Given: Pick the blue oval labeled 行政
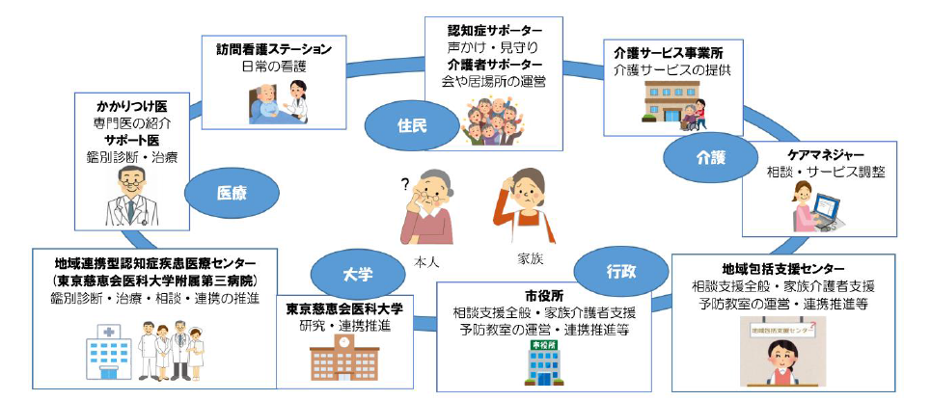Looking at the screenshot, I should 620,273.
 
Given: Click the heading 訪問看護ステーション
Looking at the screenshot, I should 274,48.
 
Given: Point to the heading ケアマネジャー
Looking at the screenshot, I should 825,154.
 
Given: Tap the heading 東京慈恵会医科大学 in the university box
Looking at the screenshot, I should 344,308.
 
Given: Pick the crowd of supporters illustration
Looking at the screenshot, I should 493,120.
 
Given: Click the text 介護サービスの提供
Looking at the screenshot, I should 671,70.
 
